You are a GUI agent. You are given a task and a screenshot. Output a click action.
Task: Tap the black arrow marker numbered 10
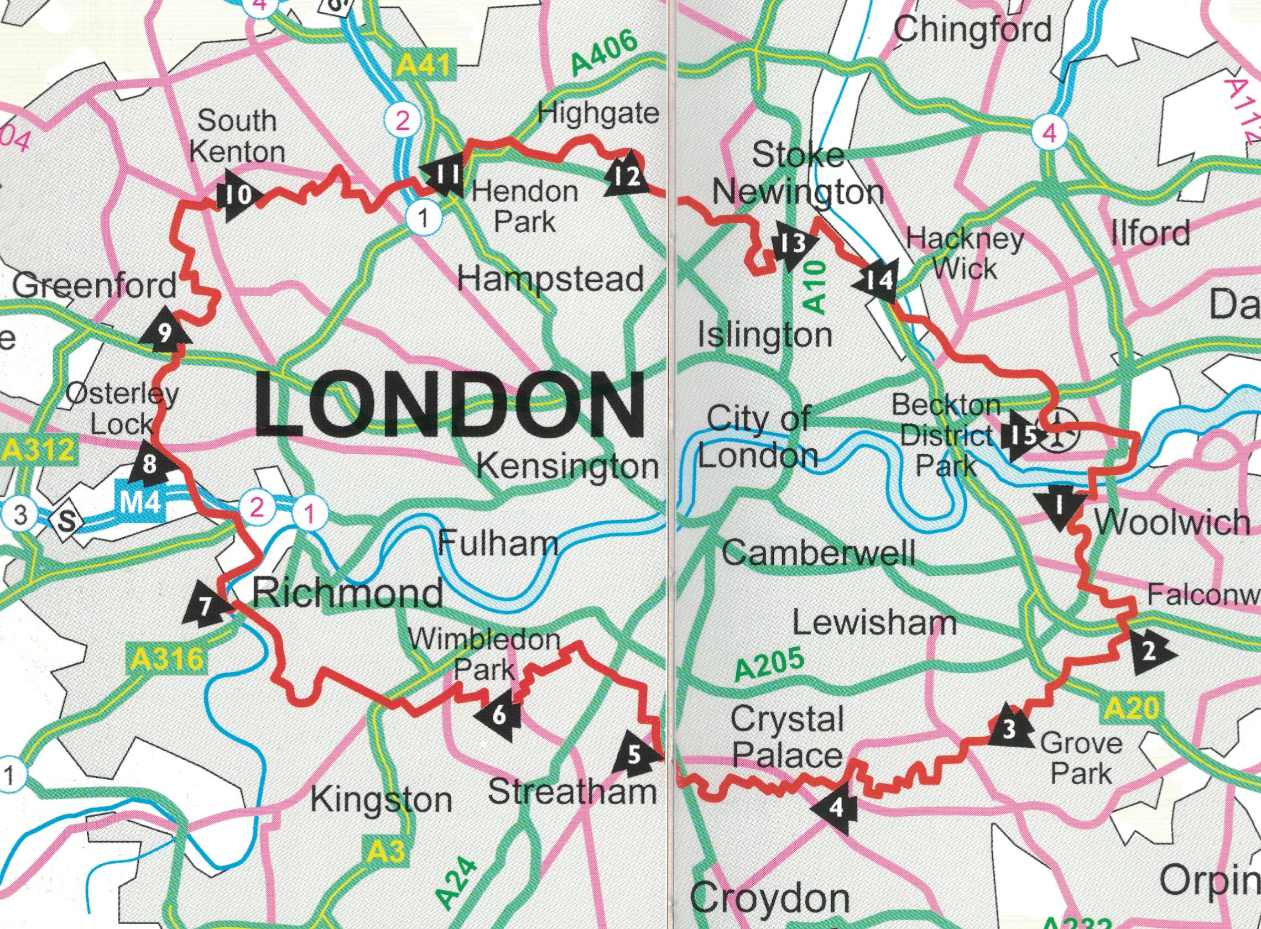point(237,195)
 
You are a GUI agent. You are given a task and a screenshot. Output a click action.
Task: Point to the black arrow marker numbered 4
point(836,807)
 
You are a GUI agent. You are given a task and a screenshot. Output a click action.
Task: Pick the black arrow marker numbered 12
point(626,175)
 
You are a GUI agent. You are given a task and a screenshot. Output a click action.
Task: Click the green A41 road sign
point(423,66)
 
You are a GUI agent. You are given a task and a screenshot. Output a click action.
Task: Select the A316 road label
point(165,659)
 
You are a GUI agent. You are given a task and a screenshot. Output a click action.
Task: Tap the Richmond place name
point(347,593)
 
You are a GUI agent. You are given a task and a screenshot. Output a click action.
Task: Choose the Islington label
point(764,335)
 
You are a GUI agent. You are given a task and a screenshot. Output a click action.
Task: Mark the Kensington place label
point(567,466)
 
